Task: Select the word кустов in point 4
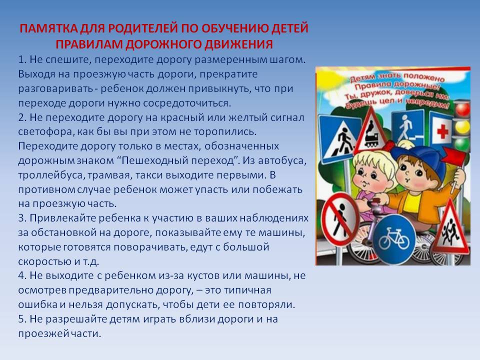(203, 276)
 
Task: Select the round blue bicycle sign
(394, 239)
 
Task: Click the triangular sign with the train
(371, 131)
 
